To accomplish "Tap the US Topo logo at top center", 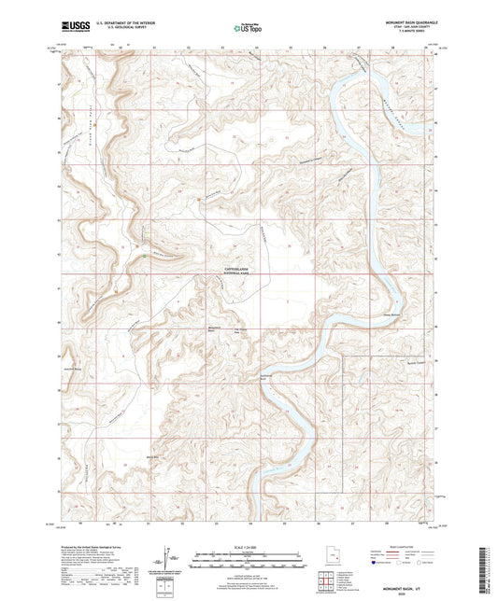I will click(x=245, y=29).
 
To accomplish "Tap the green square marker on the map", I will click(x=142, y=259).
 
